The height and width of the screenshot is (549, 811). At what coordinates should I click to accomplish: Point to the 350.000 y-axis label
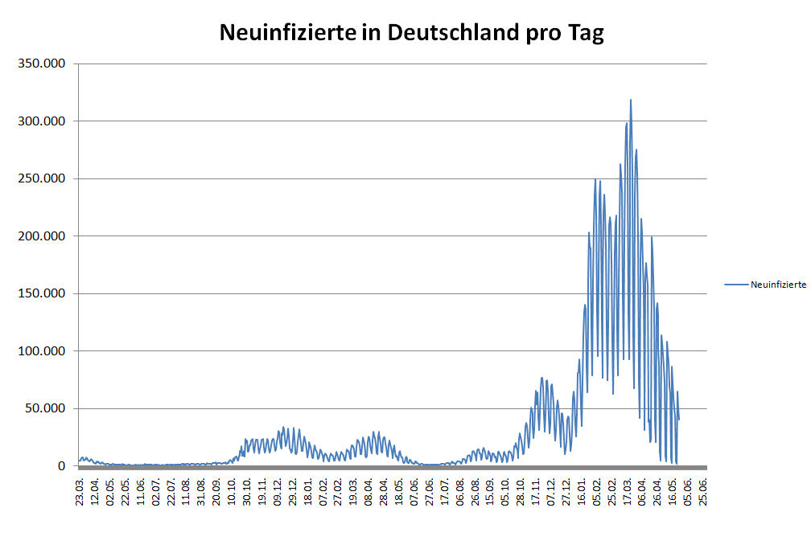[x=40, y=64]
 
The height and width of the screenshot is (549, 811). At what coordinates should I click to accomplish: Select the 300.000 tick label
[x=40, y=121]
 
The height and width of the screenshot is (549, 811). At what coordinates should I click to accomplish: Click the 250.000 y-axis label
[x=40, y=178]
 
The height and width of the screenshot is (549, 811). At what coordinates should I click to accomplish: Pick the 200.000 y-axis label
[x=40, y=236]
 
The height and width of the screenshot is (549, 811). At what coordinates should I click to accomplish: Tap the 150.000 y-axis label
[x=40, y=293]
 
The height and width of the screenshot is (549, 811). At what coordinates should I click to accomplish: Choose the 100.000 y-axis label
[x=40, y=350]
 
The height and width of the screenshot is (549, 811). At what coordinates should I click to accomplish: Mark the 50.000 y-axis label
[x=43, y=408]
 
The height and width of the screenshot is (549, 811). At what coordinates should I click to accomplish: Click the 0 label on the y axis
[x=60, y=465]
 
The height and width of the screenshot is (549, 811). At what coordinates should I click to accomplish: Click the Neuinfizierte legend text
[x=778, y=285]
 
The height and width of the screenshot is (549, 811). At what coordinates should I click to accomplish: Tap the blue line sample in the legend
[x=735, y=285]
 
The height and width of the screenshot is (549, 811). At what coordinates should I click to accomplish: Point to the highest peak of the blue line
[x=631, y=100]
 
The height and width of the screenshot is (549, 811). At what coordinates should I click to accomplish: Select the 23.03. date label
[x=80, y=490]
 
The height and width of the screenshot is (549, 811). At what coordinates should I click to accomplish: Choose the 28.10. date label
[x=521, y=490]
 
